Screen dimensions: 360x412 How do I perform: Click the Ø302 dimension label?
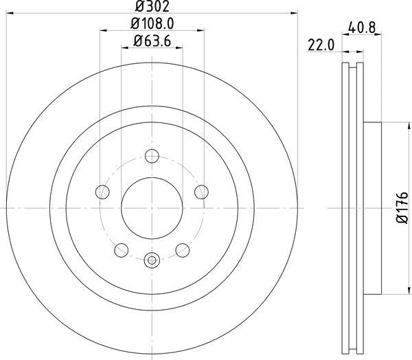(x=152, y=8)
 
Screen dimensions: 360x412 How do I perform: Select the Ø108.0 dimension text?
(x=152, y=24)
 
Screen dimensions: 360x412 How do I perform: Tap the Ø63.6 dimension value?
(x=152, y=41)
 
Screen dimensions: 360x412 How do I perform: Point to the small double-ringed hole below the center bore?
(x=152, y=260)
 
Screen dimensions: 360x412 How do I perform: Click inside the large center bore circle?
(x=152, y=207)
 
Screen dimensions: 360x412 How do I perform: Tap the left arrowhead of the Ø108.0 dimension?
(x=103, y=30)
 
